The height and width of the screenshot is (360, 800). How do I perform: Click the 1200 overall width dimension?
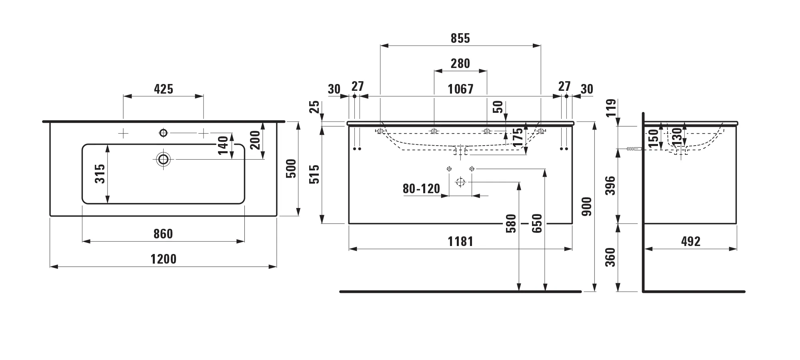click(x=163, y=259)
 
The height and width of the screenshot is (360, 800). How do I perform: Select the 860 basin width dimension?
click(x=163, y=234)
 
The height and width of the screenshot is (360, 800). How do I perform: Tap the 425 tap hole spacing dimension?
click(x=164, y=89)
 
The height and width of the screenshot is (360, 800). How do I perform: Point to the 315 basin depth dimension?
click(x=100, y=174)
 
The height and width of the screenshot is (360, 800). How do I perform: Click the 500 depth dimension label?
click(x=292, y=168)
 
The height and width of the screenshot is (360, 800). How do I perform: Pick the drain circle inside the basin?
click(x=163, y=159)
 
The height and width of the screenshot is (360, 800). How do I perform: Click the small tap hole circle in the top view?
click(x=163, y=133)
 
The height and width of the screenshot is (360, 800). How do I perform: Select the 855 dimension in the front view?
click(x=460, y=38)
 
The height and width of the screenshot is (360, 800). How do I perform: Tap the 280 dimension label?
click(x=460, y=64)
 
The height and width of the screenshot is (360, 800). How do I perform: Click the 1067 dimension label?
click(x=460, y=89)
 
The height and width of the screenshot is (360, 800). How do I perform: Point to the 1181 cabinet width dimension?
click(x=460, y=242)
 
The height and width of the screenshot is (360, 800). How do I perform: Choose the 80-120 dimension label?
click(x=421, y=189)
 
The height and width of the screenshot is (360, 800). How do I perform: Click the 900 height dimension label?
click(x=587, y=206)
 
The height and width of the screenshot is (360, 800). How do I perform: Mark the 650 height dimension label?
click(x=537, y=223)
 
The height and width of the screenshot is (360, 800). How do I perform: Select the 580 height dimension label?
click(x=512, y=223)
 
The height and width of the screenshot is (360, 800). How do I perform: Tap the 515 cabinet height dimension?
click(x=315, y=174)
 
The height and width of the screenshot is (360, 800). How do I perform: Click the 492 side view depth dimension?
click(x=691, y=242)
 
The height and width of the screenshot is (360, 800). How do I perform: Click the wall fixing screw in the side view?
click(x=634, y=149)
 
